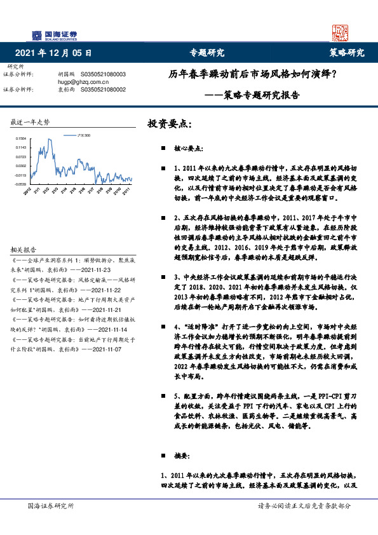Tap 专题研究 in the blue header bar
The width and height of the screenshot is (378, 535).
pos(208,53)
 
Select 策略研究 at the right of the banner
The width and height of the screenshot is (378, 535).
pos(346,53)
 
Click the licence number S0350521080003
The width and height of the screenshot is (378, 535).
pos(104,74)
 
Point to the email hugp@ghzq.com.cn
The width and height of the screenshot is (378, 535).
pos(83,82)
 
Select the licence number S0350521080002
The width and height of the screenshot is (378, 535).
pos(104,90)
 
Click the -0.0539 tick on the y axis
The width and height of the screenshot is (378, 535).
pos(21,184)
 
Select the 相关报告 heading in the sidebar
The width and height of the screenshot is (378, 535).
pos(24,250)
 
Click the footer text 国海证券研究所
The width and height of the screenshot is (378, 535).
pos(51,506)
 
